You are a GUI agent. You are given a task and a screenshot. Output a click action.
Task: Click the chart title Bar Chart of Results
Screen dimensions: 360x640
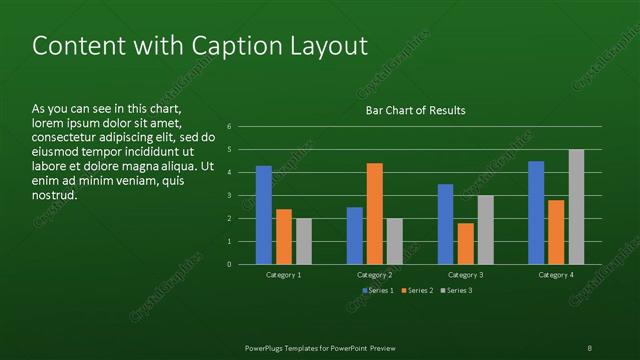pyautogui.click(x=414, y=110)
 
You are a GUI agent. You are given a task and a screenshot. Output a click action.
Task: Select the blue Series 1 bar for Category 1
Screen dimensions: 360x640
pyautogui.click(x=264, y=215)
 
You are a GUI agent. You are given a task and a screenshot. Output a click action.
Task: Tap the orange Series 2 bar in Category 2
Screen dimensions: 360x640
pyautogui.click(x=374, y=213)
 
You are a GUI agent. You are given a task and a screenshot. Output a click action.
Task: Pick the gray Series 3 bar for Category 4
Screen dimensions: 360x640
pyautogui.click(x=576, y=207)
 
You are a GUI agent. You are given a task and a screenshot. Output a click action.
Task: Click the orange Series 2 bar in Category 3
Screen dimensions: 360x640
pyautogui.click(x=465, y=243)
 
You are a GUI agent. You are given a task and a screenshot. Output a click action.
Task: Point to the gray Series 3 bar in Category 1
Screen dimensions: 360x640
pyautogui.click(x=304, y=241)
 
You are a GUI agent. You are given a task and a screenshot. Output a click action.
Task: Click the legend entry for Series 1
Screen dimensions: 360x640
pyautogui.click(x=377, y=290)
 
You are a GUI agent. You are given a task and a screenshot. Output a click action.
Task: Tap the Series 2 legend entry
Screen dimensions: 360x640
pyautogui.click(x=416, y=290)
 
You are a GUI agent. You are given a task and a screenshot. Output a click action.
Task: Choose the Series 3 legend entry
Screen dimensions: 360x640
pyautogui.click(x=455, y=290)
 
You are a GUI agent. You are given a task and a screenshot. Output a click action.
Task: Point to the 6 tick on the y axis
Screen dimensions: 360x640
pyautogui.click(x=230, y=127)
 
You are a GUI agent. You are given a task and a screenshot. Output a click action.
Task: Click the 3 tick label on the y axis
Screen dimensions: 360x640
pyautogui.click(x=230, y=196)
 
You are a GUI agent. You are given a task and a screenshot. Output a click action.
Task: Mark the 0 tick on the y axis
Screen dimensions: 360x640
pyautogui.click(x=230, y=265)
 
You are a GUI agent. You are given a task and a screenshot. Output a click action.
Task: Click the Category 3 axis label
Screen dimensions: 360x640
pyautogui.click(x=465, y=274)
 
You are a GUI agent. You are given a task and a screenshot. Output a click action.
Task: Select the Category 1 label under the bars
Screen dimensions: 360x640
pyautogui.click(x=284, y=274)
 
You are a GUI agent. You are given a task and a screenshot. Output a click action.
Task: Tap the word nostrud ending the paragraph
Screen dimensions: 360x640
pyautogui.click(x=56, y=194)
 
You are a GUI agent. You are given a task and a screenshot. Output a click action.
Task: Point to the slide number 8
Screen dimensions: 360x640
pyautogui.click(x=589, y=347)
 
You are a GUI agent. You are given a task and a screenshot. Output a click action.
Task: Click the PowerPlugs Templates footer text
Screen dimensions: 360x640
pyautogui.click(x=320, y=347)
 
